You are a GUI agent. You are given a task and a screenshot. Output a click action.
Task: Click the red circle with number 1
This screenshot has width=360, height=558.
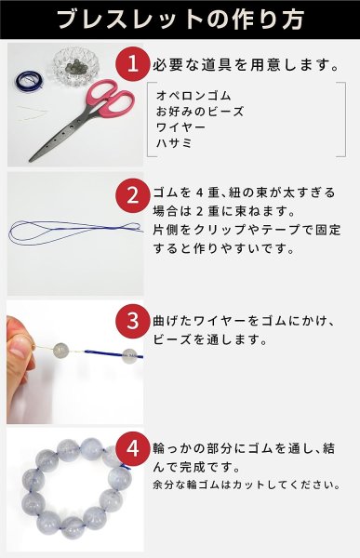coord(132,65)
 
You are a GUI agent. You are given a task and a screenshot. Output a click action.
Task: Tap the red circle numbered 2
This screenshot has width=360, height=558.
coord(132,197)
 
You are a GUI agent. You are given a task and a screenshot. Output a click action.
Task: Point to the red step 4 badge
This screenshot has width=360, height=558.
coord(132,447)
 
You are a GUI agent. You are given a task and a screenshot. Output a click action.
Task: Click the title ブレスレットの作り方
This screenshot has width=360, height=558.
coord(179,20)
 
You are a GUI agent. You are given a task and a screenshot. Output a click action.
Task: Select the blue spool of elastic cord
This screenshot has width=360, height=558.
coord(28,81)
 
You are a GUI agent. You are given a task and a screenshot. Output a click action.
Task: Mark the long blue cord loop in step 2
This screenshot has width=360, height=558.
coord(65,230)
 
